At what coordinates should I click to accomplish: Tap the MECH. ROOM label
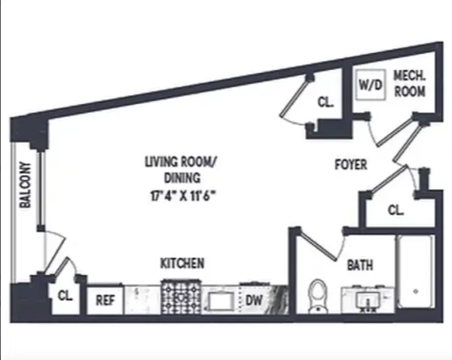409,84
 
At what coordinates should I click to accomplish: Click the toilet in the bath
319,295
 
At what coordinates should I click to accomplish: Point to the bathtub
414,273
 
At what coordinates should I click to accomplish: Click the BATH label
359,266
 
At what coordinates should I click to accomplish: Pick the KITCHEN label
182,264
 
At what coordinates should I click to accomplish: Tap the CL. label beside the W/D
325,103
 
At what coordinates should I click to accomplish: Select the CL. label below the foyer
395,210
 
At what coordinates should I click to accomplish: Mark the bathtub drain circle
415,291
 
